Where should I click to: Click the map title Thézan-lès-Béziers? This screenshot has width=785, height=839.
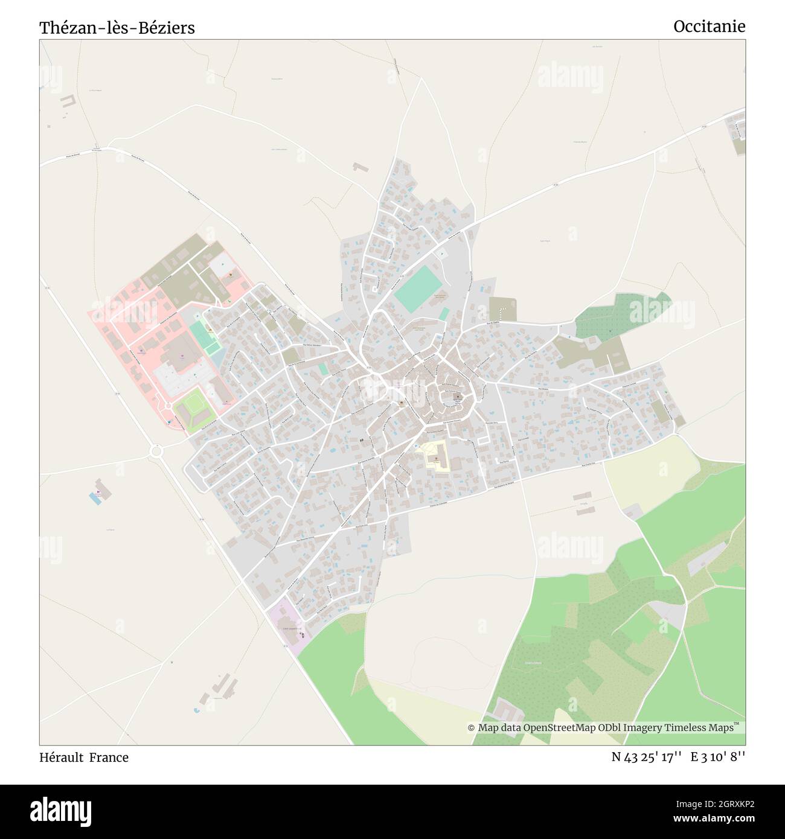(117, 28)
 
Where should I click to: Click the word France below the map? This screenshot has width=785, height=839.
(109, 757)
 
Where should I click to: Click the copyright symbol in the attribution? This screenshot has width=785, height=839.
(472, 728)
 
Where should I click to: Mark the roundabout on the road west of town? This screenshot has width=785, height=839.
(156, 451)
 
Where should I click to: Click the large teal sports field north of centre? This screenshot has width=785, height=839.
(417, 289)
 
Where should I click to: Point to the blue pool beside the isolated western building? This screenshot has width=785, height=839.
(95, 499)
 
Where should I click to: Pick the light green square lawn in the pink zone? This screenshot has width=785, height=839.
(194, 410)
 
